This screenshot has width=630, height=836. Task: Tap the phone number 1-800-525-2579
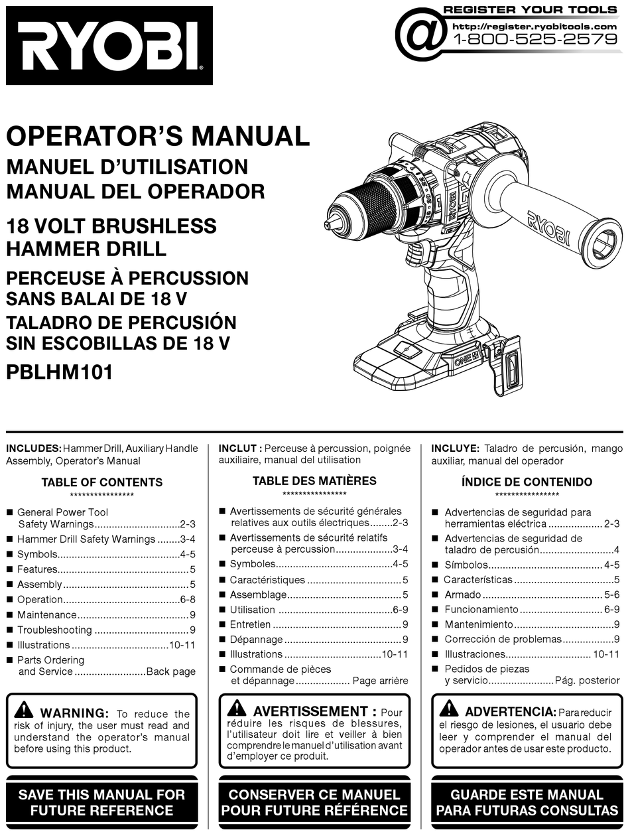535,39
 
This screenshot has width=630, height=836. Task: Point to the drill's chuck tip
330,225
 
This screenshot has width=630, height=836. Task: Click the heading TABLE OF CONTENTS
101,482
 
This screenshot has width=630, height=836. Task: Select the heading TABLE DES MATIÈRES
314,481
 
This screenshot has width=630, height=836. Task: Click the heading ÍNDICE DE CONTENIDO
527,482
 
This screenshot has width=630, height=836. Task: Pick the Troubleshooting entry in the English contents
54,630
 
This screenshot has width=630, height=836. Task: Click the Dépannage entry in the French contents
257,640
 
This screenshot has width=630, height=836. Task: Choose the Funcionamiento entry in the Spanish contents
481,609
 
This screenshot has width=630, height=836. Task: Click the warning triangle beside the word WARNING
24,709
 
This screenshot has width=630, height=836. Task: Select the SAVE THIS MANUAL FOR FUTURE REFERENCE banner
101,802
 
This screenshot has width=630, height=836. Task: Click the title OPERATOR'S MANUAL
158,136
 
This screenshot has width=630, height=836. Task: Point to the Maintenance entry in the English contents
47,615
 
